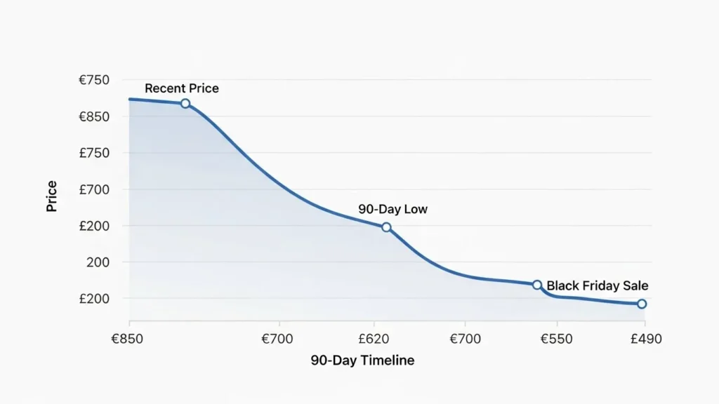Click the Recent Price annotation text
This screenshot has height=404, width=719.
pyautogui.click(x=181, y=88)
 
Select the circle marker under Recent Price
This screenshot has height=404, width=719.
pyautogui.click(x=185, y=103)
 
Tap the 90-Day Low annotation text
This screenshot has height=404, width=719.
pyautogui.click(x=393, y=209)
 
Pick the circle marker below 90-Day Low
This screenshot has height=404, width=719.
pyautogui.click(x=386, y=227)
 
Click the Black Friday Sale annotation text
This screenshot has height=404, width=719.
pyautogui.click(x=597, y=285)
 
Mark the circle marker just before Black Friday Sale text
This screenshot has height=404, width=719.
pyautogui.click(x=537, y=285)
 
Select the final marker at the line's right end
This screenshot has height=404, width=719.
pyautogui.click(x=642, y=304)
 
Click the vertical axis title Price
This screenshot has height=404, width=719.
pyautogui.click(x=52, y=196)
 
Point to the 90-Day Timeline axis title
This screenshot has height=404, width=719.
pyautogui.click(x=362, y=361)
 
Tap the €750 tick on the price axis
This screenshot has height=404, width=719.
pyautogui.click(x=94, y=80)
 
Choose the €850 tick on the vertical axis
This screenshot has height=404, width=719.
pyautogui.click(x=94, y=116)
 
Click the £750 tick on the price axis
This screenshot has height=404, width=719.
pyautogui.click(x=94, y=153)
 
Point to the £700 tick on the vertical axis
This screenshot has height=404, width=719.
pyautogui.click(x=94, y=189)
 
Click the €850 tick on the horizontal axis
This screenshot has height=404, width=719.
pyautogui.click(x=127, y=339)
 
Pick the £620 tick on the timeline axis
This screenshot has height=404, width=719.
pyautogui.click(x=373, y=339)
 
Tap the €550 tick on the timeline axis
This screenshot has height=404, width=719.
pyautogui.click(x=556, y=339)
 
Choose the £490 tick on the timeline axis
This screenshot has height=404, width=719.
pyautogui.click(x=645, y=339)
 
